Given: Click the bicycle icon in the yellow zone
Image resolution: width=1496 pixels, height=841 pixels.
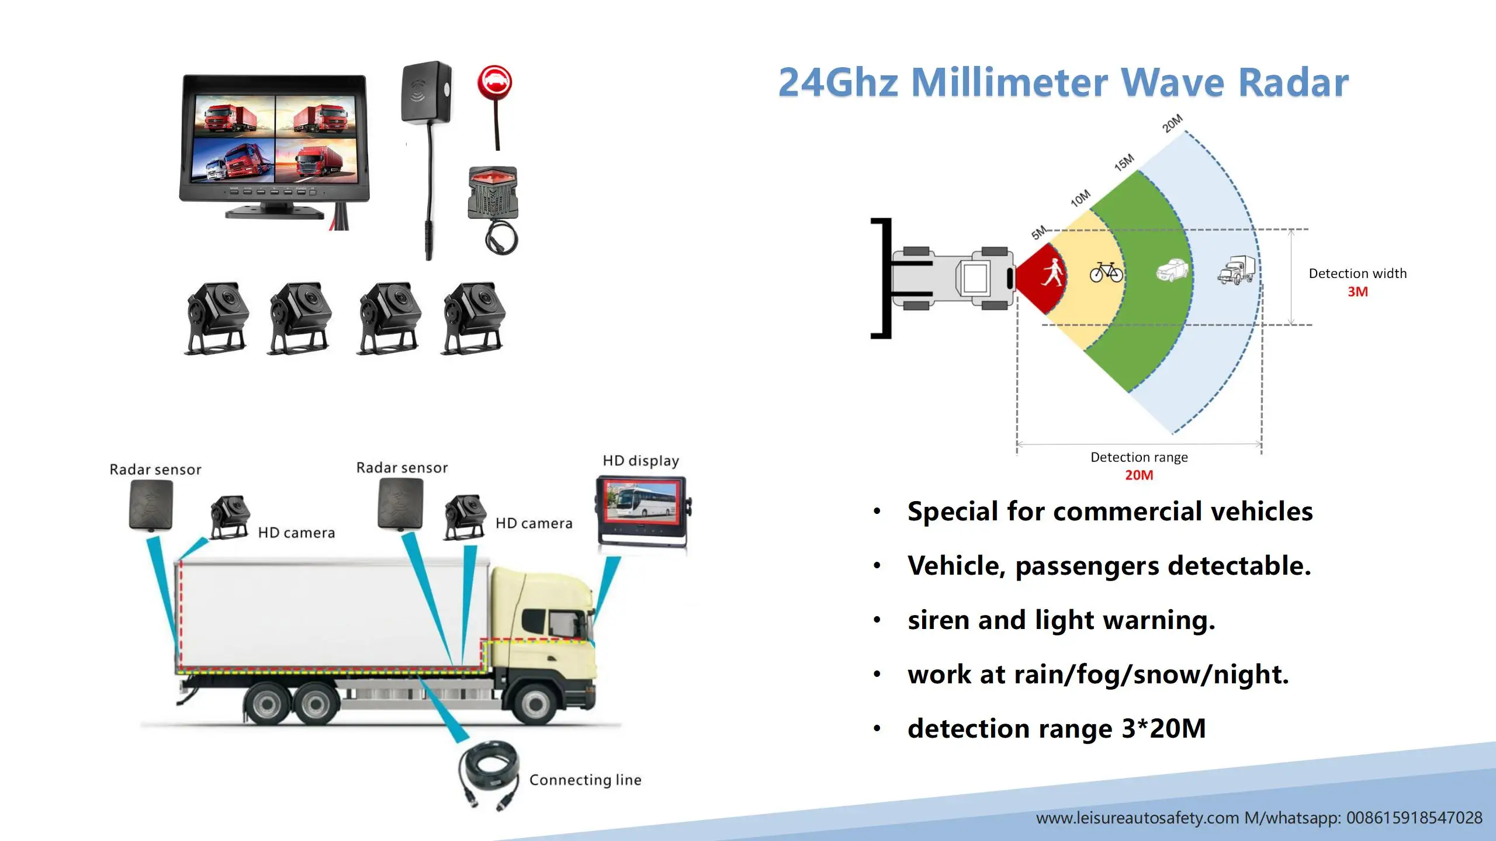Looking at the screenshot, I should tap(1106, 272).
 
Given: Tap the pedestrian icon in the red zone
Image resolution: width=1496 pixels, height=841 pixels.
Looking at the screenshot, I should tap(1052, 273).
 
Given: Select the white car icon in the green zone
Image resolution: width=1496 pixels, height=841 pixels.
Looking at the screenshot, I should tap(1172, 270).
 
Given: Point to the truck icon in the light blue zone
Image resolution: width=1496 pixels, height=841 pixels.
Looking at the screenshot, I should tap(1236, 270).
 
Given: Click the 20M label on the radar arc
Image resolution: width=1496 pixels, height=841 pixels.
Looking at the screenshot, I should tap(1172, 123).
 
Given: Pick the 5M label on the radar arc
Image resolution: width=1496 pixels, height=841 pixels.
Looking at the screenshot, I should tap(1038, 232).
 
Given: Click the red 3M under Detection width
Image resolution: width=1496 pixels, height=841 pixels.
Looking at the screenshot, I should tap(1358, 292).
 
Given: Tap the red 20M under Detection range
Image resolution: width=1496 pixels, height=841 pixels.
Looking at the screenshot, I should tap(1139, 475).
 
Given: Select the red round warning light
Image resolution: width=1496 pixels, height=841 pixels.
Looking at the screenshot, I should tap(494, 82).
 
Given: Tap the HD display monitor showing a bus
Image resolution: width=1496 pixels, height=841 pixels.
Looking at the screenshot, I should tap(642, 509).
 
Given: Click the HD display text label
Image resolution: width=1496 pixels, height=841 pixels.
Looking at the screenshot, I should tap(640, 461).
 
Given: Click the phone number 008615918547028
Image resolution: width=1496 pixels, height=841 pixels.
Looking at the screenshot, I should tap(1414, 818).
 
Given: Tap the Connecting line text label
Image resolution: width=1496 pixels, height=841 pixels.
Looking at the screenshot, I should tap(585, 780).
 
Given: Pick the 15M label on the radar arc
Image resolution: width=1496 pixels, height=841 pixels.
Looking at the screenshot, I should tap(1124, 162).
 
